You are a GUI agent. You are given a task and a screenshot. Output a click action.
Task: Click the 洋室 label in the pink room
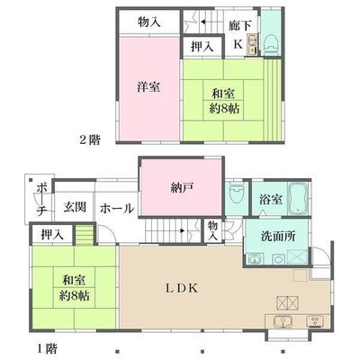click(149, 87)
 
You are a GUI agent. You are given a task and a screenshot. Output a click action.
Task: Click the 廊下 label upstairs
click(240, 26)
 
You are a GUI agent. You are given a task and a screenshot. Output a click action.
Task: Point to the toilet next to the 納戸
click(236, 192)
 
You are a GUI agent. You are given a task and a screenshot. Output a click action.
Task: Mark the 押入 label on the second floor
click(202, 47)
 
